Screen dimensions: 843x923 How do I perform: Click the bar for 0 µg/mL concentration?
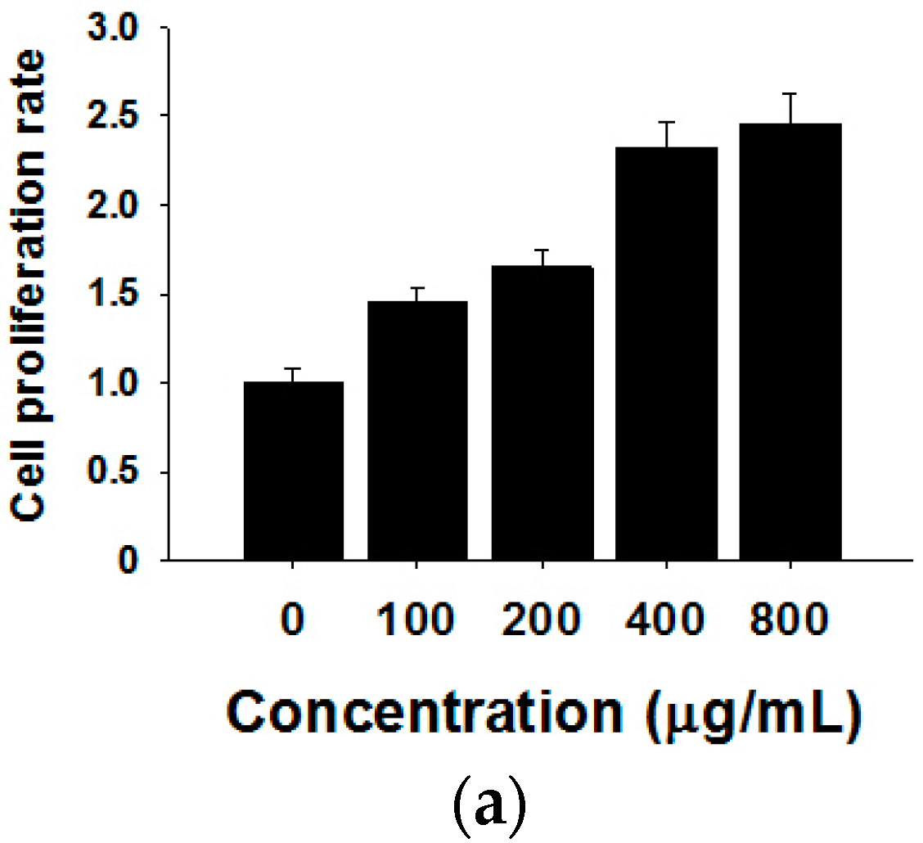pyautogui.click(x=293, y=471)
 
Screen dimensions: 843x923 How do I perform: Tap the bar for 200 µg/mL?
pyautogui.click(x=542, y=413)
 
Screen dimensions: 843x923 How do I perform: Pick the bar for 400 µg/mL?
pyautogui.click(x=666, y=354)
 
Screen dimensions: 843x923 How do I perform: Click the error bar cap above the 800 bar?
pyautogui.click(x=790, y=94)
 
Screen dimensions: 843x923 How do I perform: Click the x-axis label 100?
pyautogui.click(x=417, y=622)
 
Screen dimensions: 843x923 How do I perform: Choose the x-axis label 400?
pyautogui.click(x=666, y=622)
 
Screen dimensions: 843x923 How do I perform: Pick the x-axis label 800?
pyautogui.click(x=790, y=622)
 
